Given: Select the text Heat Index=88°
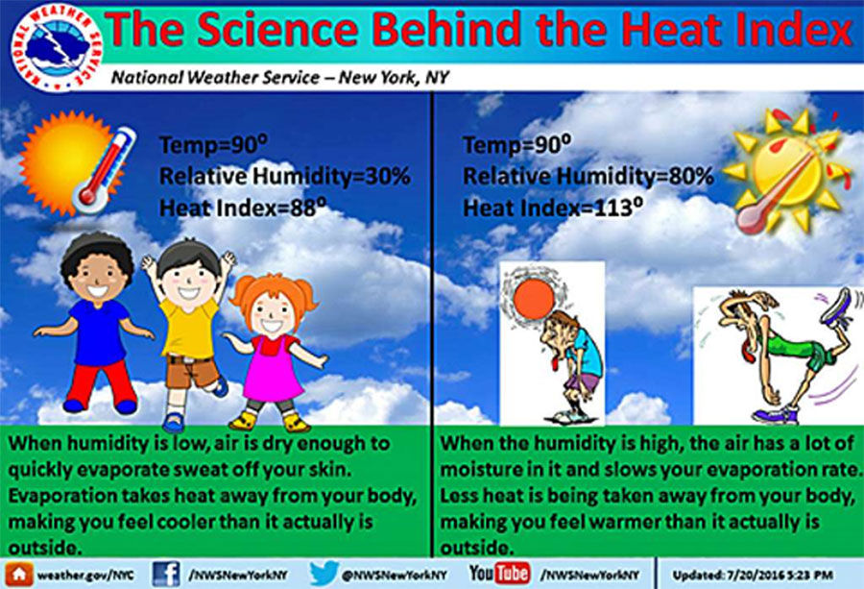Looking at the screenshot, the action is pyautogui.click(x=243, y=208).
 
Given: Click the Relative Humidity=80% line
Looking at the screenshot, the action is pyautogui.click(x=588, y=177).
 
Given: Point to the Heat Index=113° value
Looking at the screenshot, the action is pyautogui.click(x=553, y=208).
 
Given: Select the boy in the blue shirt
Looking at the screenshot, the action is pyautogui.click(x=96, y=323).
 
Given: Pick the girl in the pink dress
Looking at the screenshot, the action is pyautogui.click(x=274, y=353).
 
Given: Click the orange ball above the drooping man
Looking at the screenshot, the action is pyautogui.click(x=534, y=299).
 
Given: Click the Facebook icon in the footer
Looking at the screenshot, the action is pyautogui.click(x=166, y=574).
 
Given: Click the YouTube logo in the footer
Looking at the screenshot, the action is pyautogui.click(x=499, y=573).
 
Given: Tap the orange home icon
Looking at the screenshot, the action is pyautogui.click(x=19, y=575).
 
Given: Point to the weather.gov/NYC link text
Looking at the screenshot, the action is pyautogui.click(x=85, y=575).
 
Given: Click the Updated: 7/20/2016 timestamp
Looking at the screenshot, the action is pyautogui.click(x=752, y=575).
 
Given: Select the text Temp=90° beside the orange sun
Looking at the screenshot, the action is pyautogui.click(x=213, y=145).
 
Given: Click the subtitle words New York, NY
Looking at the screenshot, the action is pyautogui.click(x=394, y=78).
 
